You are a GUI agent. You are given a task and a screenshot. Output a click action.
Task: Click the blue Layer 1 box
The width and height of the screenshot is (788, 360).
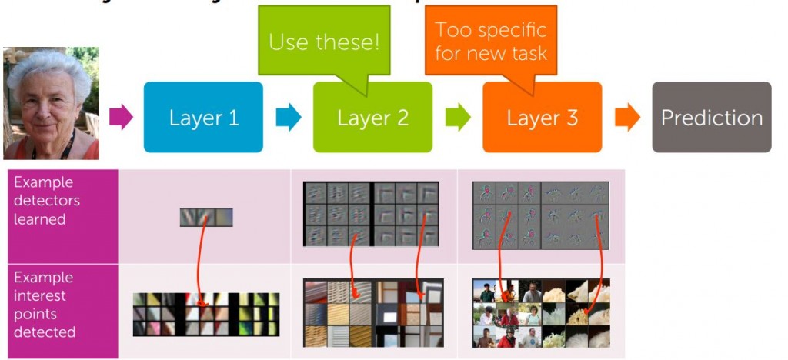(203, 117)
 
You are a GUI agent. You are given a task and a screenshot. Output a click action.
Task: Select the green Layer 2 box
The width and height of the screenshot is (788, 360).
(372, 117)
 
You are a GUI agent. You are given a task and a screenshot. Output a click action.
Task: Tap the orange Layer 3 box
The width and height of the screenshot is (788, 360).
(542, 117)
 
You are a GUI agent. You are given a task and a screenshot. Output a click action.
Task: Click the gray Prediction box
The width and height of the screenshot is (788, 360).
(711, 117)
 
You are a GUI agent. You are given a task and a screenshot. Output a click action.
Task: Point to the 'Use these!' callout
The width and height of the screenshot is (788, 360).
(324, 40)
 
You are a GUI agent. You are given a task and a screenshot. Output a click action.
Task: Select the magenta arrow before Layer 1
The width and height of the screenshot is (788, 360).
(121, 117)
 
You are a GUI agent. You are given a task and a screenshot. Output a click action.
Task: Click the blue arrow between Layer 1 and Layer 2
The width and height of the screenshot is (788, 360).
(289, 117)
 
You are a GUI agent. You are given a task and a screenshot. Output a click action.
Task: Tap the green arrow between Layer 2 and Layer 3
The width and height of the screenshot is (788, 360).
(458, 117)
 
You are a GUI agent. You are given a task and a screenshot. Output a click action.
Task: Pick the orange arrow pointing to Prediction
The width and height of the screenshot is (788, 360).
(627, 117)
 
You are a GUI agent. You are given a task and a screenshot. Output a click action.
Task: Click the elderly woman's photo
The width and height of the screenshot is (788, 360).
(51, 103)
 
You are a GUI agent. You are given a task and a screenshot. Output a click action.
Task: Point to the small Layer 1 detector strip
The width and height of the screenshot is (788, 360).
(205, 218)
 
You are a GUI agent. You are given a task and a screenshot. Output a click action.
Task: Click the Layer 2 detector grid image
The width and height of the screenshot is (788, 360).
(371, 214)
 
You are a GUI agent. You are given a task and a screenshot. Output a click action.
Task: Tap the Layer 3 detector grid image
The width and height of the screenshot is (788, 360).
(540, 215)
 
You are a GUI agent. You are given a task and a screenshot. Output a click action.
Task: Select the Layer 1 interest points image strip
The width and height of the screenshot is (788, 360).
(205, 314)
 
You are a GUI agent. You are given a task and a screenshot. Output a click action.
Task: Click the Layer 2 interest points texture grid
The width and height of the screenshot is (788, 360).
(373, 312)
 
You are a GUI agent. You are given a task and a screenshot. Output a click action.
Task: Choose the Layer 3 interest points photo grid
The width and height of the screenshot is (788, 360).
(540, 313)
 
